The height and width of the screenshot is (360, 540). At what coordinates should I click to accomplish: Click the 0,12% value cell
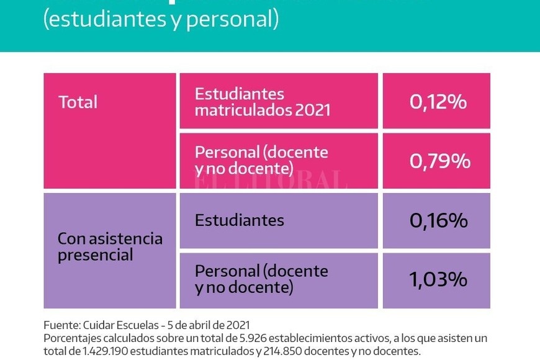click(x=438, y=101)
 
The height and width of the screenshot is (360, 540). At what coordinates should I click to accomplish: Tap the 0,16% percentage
click(x=438, y=220)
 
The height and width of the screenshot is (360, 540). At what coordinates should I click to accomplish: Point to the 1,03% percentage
click(x=438, y=279)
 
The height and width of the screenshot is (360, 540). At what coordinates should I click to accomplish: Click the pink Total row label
click(x=78, y=102)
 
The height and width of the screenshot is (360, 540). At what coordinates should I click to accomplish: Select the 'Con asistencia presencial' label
click(x=110, y=247)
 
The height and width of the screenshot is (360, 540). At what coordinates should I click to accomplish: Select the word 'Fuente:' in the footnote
click(x=61, y=325)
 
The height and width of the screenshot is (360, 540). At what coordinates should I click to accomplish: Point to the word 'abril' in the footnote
click(x=198, y=325)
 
